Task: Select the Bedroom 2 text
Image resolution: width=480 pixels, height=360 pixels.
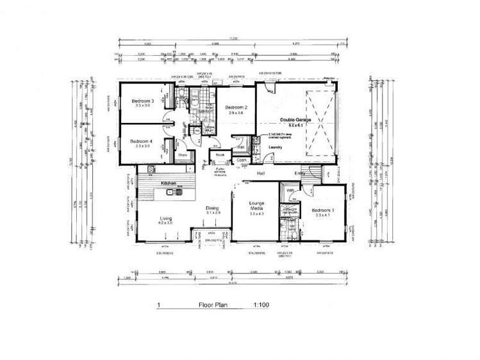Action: point(236,107)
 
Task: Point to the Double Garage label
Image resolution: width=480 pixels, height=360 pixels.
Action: point(294,120)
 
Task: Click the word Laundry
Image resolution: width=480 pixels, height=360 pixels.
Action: point(276,147)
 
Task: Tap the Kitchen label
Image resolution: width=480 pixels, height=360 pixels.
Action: point(169,184)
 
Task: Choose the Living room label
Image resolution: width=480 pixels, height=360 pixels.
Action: point(165,218)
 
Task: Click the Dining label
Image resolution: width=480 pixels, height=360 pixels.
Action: point(212,208)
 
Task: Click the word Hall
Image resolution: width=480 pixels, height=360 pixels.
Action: point(261,173)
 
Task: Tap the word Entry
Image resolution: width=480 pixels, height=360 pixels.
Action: point(300,173)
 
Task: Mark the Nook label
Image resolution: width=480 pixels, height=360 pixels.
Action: point(219,154)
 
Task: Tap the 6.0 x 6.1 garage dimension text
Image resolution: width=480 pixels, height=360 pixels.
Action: point(294,126)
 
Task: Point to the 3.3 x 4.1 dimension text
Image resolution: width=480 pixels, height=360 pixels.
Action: point(322,216)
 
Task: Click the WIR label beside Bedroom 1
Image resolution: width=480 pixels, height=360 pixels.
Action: point(290,190)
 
